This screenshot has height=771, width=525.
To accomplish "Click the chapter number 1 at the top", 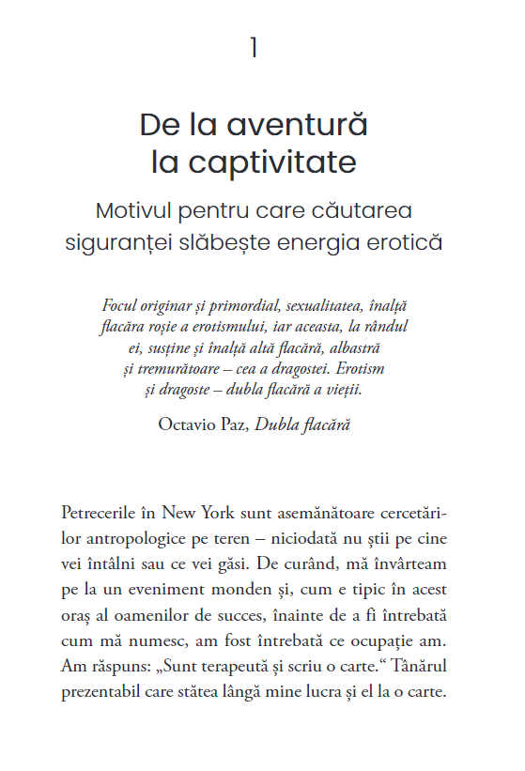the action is point(254,49).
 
